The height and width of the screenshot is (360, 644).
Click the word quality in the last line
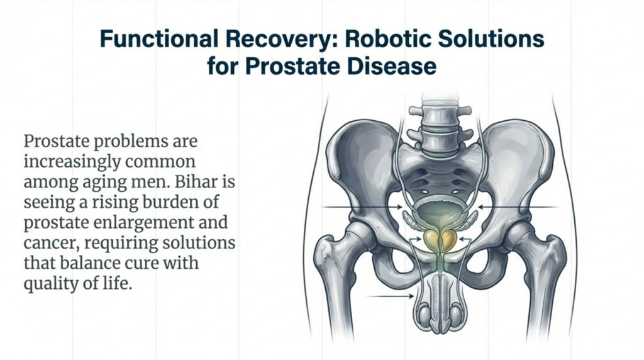[x=48, y=284]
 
